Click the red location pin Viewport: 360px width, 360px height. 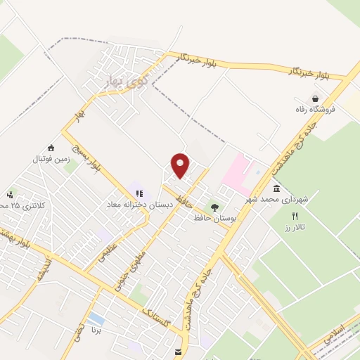pyautogui.click(x=181, y=165)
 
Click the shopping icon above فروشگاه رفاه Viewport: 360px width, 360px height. pyautogui.click(x=318, y=98)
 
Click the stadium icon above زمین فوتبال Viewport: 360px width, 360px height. pyautogui.click(x=51, y=148)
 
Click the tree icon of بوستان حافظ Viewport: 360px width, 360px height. pyautogui.click(x=214, y=207)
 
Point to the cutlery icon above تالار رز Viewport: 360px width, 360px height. pyautogui.click(x=295, y=216)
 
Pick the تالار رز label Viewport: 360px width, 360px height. pyautogui.click(x=294, y=227)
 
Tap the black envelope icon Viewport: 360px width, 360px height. pyautogui.click(x=177, y=352)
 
